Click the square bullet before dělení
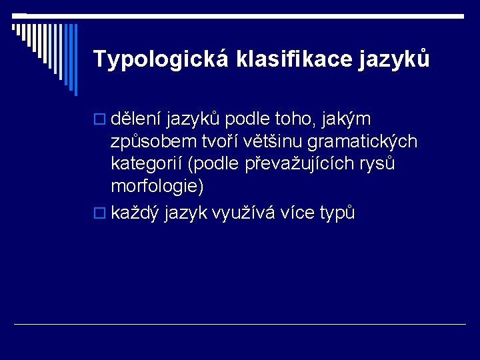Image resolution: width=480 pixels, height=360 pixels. point(100,120)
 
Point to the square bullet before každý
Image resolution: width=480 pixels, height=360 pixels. point(100,214)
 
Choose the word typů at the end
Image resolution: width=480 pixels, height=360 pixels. point(337,214)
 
